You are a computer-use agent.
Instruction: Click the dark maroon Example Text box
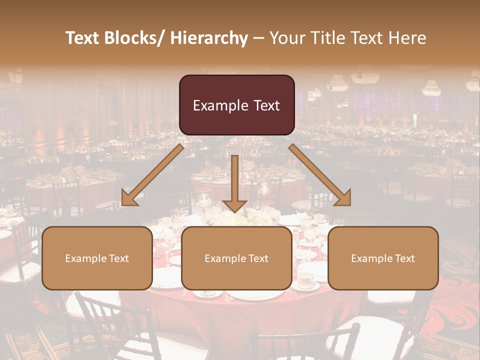tap(236, 105)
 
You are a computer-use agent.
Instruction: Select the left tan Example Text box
tap(97, 258)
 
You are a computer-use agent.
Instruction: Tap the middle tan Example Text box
tap(236, 258)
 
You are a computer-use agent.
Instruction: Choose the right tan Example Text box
tap(383, 258)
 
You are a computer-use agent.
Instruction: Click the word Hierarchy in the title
tap(209, 38)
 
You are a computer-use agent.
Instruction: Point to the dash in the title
tap(258, 38)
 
